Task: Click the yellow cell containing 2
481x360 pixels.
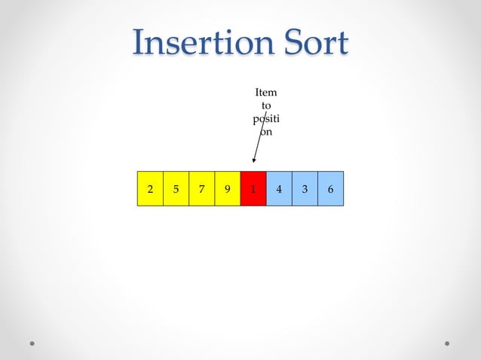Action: point(150,189)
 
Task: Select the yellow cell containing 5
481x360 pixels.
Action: point(176,189)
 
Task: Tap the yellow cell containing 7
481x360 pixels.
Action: point(201,189)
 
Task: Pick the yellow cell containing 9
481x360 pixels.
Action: point(227,189)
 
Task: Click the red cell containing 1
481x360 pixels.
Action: point(253,189)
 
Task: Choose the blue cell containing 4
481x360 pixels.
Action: point(279,189)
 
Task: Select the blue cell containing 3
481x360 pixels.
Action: point(305,189)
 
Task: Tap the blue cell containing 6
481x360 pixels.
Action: point(330,189)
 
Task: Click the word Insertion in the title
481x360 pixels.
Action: point(201,43)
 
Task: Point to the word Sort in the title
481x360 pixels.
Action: point(314,43)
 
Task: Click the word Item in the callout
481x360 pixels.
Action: point(266,93)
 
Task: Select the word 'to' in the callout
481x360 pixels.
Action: point(266,105)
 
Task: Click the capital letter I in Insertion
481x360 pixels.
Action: point(139,43)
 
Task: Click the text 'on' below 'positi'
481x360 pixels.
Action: point(266,132)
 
